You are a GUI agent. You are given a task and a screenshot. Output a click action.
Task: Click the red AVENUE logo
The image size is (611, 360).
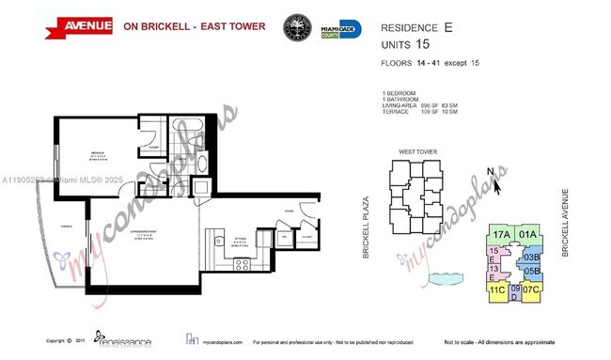pyautogui.click(x=55, y=25)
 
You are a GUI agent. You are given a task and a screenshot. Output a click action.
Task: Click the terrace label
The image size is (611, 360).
pyautogui.click(x=64, y=227)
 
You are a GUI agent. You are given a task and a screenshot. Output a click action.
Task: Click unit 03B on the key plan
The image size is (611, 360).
pyautogui.click(x=531, y=257)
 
